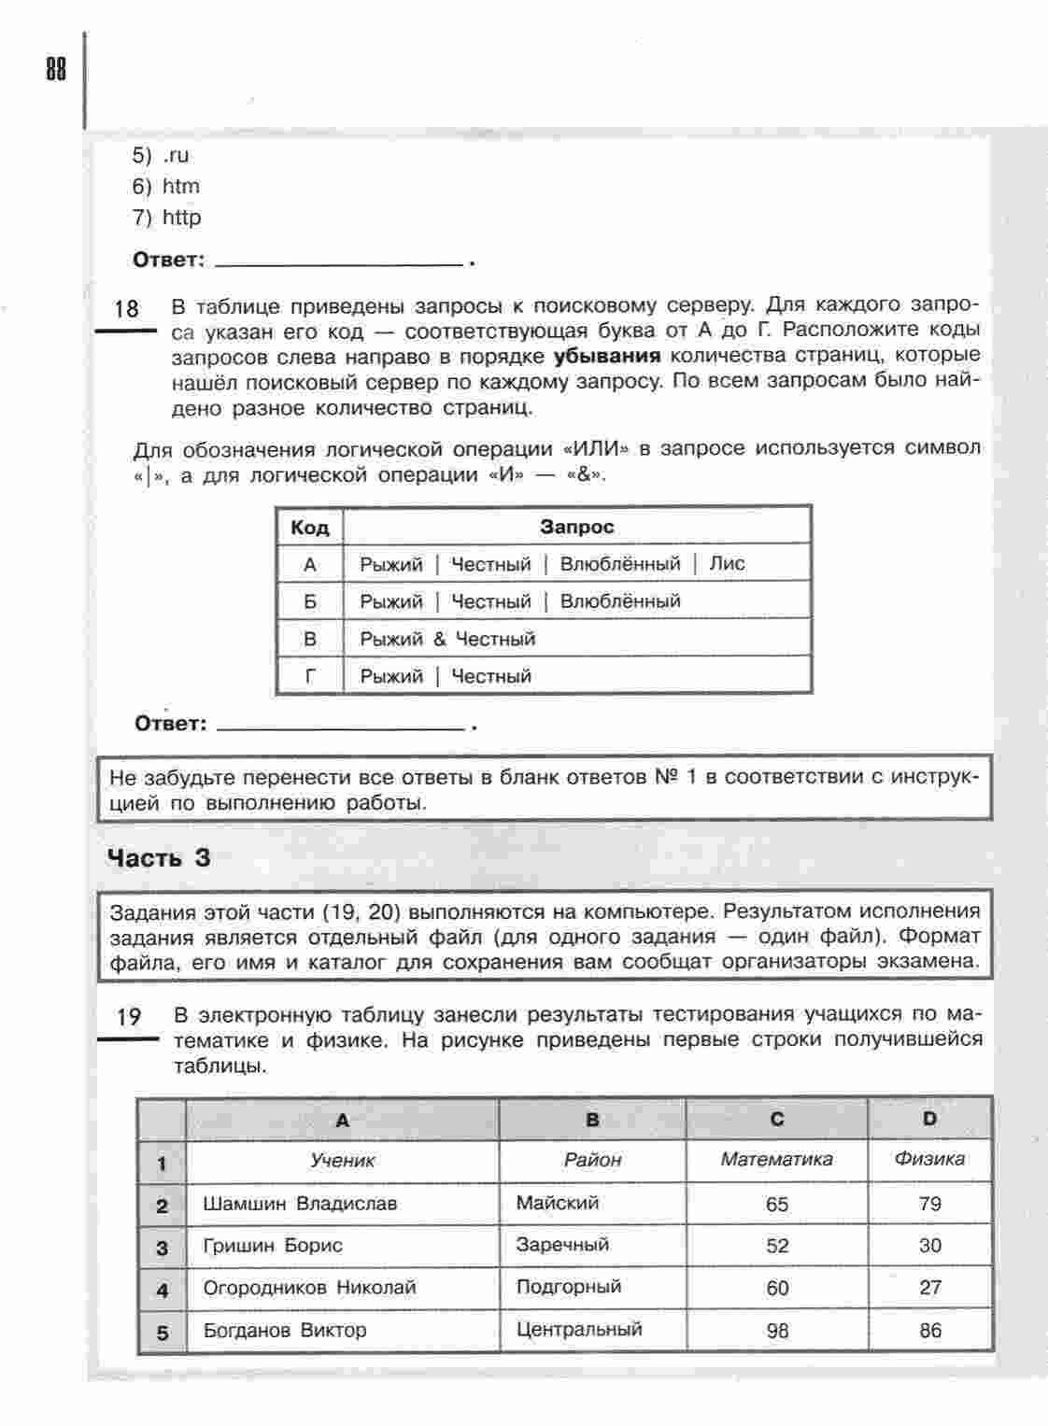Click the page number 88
pos(55,70)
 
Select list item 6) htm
pos(166,187)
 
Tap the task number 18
pos(126,309)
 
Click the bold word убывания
pos(607,356)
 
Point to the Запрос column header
pos(576,527)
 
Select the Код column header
pos(310,528)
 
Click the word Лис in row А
pos(727,564)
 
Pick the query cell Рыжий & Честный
pos(447,639)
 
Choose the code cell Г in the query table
pos(310,676)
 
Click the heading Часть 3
pos(160,857)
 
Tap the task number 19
pos(128,1017)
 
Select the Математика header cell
pos(776,1160)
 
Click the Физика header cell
pos(929,1160)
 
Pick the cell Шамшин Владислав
pos(300,1204)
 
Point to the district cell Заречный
pos(562,1245)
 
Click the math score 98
pos(777,1331)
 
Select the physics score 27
pos(930,1288)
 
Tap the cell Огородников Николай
pos(309,1288)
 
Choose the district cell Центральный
pos(579,1330)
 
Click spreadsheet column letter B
pos(592,1119)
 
